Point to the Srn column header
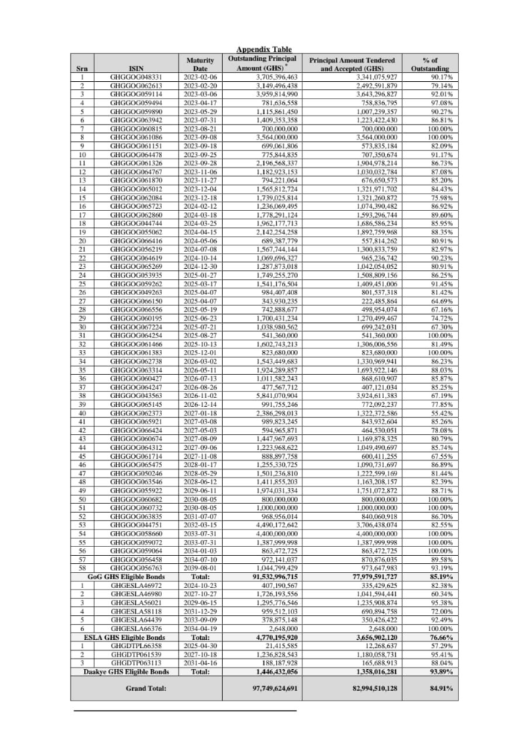tap(82, 69)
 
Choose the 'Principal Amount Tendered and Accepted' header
tap(352, 64)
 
